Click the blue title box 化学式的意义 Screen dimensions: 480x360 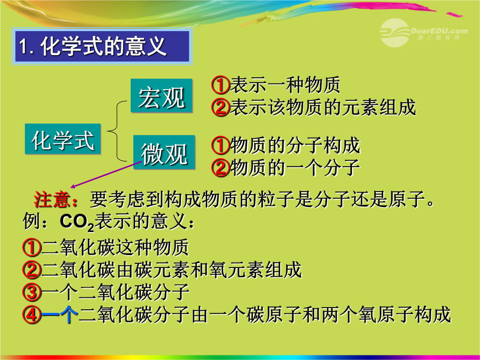[102, 47]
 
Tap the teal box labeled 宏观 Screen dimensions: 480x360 [161, 96]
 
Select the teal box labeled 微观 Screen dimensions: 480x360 [164, 152]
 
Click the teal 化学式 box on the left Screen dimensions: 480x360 [63, 139]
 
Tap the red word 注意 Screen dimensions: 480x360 [52, 200]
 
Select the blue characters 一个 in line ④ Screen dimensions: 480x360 [60, 314]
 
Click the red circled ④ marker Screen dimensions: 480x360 [32, 315]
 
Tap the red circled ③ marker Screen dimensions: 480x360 [32, 292]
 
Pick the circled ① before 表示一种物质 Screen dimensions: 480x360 [220, 85]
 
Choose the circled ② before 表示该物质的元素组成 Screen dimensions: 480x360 [220, 107]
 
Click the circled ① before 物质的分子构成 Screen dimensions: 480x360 [220, 145]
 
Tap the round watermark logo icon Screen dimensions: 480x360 [395, 32]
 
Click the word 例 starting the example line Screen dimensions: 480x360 [32, 221]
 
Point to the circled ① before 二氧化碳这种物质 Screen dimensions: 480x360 [32, 248]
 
